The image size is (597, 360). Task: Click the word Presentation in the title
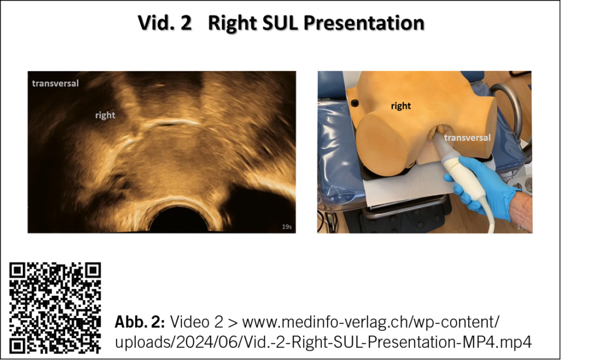[364, 23]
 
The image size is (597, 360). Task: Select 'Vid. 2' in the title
[164, 23]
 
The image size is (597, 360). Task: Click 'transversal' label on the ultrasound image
[55, 83]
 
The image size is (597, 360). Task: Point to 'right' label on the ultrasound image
[105, 115]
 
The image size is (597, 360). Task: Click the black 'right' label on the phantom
[401, 106]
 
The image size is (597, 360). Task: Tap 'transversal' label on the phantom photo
[467, 138]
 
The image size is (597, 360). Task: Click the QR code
[55, 308]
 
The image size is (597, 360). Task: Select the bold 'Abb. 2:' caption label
[140, 322]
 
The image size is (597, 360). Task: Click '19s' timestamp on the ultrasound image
[287, 226]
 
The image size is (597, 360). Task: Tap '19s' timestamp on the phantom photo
[522, 227]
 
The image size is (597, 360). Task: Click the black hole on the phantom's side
[354, 103]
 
